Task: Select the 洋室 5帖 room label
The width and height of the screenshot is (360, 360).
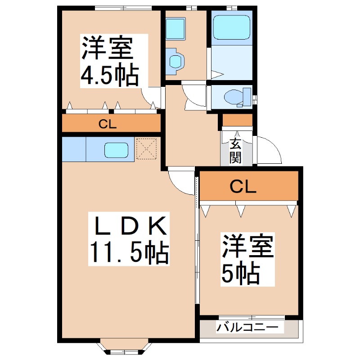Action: pos(247,259)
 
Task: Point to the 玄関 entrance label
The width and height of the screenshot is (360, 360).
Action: pos(236,150)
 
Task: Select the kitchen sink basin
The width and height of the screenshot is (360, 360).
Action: pos(117,150)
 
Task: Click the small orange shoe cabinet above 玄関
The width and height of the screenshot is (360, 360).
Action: pos(238,121)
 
